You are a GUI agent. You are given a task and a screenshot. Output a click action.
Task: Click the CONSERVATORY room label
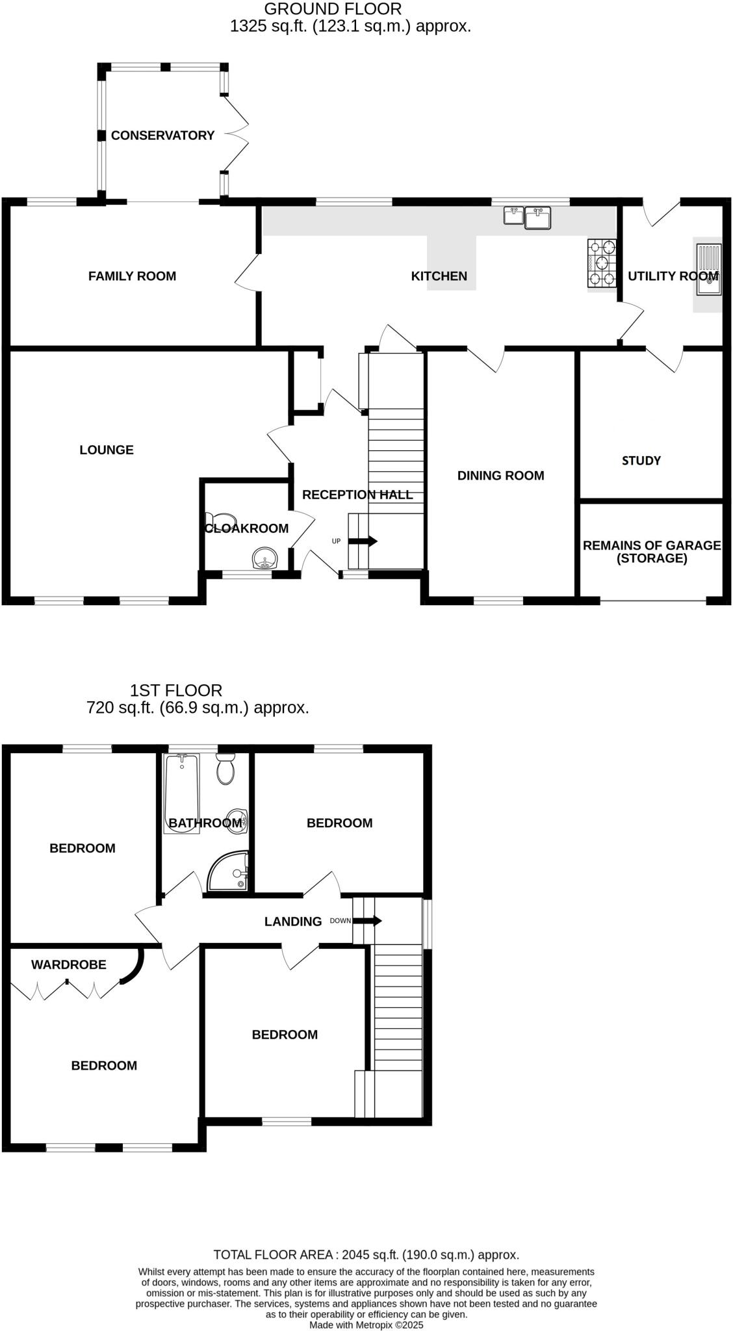pyautogui.click(x=162, y=135)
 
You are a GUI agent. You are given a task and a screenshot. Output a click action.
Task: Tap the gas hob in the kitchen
pyautogui.click(x=601, y=263)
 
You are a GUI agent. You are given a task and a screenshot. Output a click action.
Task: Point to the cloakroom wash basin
pyautogui.click(x=265, y=558)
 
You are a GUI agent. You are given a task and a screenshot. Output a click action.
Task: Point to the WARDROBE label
pyautogui.click(x=68, y=964)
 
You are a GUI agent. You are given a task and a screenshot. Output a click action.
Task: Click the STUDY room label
pyautogui.click(x=641, y=461)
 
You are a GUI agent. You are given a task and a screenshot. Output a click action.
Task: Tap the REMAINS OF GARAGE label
pyautogui.click(x=651, y=551)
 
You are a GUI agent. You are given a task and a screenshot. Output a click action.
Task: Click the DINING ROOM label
pyautogui.click(x=500, y=476)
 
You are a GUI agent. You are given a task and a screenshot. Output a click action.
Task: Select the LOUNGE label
pyautogui.click(x=107, y=450)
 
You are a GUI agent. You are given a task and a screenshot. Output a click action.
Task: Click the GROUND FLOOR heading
pyautogui.click(x=333, y=9)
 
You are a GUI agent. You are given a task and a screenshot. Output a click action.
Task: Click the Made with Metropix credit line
pyautogui.click(x=366, y=1325)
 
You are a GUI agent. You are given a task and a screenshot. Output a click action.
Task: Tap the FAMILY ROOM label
pyautogui.click(x=132, y=276)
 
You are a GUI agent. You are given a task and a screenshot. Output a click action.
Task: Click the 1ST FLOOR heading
pyautogui.click(x=176, y=690)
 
